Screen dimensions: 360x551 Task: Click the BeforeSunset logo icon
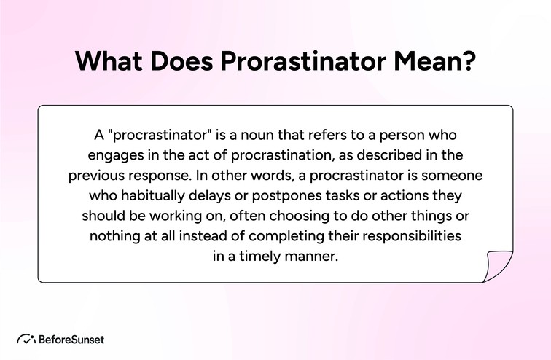pos(26,339)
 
